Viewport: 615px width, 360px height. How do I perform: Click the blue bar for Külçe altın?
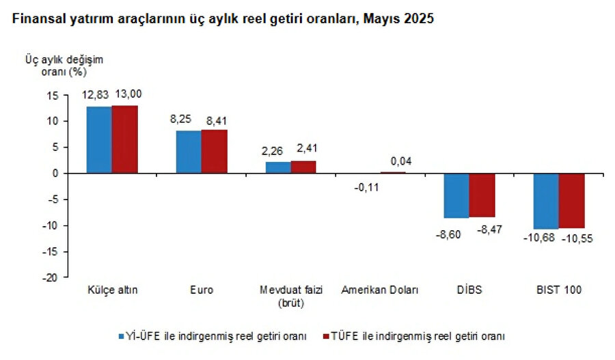pyautogui.click(x=99, y=140)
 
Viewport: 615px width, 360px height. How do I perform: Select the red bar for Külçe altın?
pyautogui.click(x=124, y=139)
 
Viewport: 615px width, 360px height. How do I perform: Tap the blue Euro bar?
pyautogui.click(x=189, y=152)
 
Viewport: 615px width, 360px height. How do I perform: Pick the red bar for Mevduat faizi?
pyautogui.click(x=303, y=167)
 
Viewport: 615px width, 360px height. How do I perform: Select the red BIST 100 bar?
pyautogui.click(x=571, y=201)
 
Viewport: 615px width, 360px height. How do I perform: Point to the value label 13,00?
pyautogui.click(x=128, y=94)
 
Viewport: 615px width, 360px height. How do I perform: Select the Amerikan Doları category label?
pyautogui.click(x=380, y=290)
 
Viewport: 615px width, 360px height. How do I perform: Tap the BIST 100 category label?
pyautogui.click(x=558, y=290)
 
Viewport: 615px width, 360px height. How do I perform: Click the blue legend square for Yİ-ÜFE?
pyautogui.click(x=120, y=336)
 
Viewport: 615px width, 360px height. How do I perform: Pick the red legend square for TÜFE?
pyautogui.click(x=325, y=336)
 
